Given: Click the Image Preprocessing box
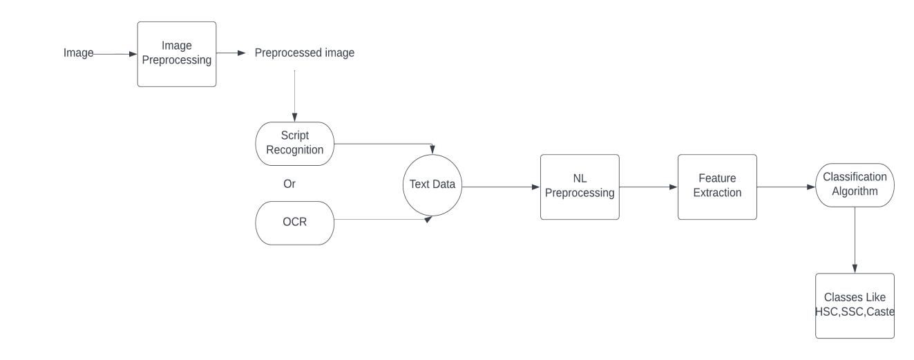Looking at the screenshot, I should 176,54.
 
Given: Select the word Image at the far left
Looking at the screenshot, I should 78,53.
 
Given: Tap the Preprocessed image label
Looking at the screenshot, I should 305,53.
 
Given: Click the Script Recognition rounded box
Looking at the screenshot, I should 295,143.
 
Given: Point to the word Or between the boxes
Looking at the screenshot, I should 289,184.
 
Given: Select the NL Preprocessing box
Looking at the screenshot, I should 579,187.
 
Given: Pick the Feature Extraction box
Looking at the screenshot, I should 717,187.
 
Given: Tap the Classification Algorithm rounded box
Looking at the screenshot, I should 855,184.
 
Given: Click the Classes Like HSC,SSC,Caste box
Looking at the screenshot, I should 855,305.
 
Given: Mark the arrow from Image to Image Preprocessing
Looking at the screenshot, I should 115,53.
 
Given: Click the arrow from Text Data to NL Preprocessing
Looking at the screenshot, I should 501,187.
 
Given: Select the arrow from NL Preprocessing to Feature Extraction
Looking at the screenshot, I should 648,187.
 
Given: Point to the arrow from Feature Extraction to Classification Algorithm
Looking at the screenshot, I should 786,187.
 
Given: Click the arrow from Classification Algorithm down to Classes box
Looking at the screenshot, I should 855,239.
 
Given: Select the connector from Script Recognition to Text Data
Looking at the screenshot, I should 383,145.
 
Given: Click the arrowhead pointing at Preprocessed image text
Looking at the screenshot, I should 241,53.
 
